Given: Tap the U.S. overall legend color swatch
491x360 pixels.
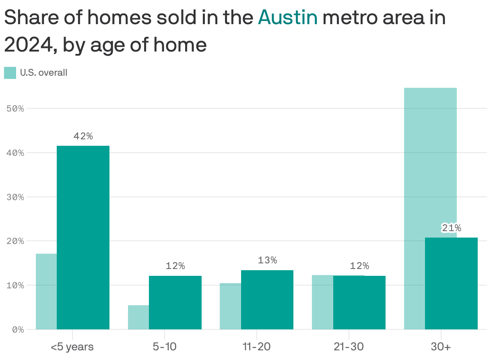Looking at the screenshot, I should point(10,73).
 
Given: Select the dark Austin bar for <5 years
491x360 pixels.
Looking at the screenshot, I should point(83,238).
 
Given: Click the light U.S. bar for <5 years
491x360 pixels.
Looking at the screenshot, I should point(46,292).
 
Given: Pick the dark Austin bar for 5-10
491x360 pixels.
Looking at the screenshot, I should point(175,302).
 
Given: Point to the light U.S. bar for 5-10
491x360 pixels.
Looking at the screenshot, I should point(138,317).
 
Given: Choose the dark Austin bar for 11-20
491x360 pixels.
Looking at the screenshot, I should point(267,300).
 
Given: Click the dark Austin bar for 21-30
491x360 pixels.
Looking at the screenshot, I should point(359,302).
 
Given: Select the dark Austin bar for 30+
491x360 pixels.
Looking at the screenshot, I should point(451,283).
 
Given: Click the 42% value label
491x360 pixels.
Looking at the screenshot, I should point(83,137).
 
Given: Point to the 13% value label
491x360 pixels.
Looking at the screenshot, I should point(267,261).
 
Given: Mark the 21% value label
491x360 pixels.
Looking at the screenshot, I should point(451,228).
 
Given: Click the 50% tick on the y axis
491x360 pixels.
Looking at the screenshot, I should point(15,109).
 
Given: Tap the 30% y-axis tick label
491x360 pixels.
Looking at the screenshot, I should point(15,197).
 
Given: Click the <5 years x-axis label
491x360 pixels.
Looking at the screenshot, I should point(72,347).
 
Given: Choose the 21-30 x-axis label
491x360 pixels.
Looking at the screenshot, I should point(349,347).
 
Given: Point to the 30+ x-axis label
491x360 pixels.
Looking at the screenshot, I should point(441,347).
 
